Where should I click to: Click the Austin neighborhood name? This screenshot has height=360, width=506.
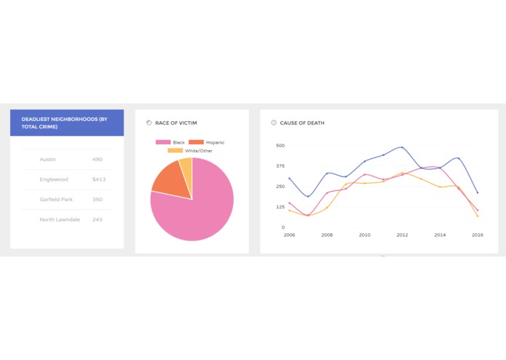click(48, 159)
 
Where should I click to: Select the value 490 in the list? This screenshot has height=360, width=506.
click(98, 159)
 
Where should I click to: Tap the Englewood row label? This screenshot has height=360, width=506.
click(53, 179)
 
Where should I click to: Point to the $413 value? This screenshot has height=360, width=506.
click(99, 179)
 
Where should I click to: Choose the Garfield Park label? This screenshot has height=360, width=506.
click(55, 199)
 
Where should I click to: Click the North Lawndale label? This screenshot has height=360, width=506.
click(60, 219)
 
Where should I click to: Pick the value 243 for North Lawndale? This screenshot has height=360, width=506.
click(98, 219)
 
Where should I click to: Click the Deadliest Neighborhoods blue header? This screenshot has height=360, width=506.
click(67, 122)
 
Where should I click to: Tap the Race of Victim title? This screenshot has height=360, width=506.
click(175, 123)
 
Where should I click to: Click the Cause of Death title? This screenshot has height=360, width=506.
click(301, 123)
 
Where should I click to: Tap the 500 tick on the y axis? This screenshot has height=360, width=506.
click(280, 146)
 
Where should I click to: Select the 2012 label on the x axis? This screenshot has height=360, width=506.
click(402, 235)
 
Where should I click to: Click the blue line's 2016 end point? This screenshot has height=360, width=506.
click(478, 193)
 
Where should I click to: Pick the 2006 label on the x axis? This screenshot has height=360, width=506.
click(289, 235)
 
